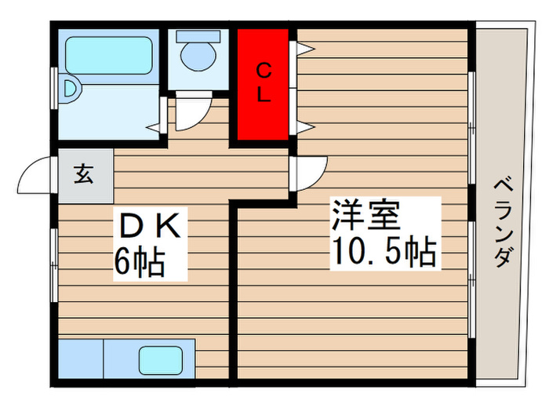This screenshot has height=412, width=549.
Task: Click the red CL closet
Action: pyautogui.click(x=263, y=84)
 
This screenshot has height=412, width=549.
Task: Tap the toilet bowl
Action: pyautogui.click(x=198, y=57)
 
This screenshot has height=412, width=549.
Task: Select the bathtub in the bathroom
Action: pyautogui.click(x=109, y=56)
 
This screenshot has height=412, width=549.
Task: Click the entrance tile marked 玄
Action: pyautogui.click(x=85, y=176)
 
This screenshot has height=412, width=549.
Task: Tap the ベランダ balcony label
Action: pyautogui.click(x=504, y=223)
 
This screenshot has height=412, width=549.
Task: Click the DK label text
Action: pyautogui.click(x=151, y=225)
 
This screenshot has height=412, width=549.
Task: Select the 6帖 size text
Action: pyautogui.click(x=140, y=262)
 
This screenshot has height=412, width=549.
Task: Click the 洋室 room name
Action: pyautogui.click(x=365, y=214)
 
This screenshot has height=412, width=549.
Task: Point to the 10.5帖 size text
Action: pyautogui.click(x=384, y=251)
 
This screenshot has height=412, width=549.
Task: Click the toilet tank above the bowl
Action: pyautogui.click(x=198, y=36)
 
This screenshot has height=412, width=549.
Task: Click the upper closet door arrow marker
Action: pyautogui.click(x=305, y=49)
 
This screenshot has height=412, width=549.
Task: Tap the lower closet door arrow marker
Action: pyautogui.click(x=305, y=127)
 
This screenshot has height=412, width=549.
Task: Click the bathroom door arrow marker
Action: pyautogui.click(x=153, y=127)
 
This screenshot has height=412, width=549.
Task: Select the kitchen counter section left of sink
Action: pyautogui.click(x=81, y=359)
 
